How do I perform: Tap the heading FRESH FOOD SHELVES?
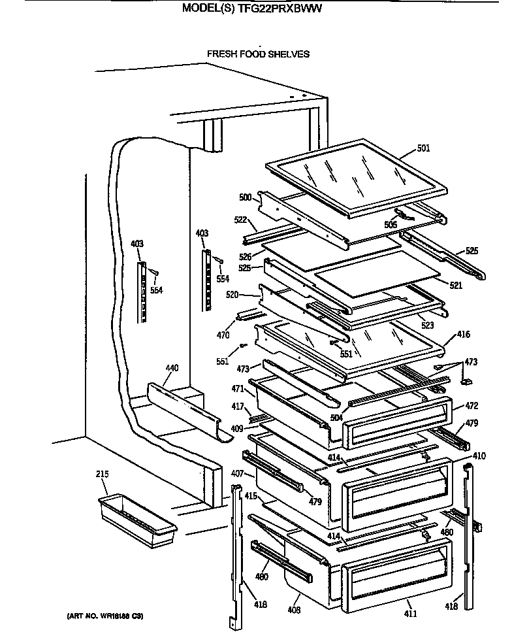pos(258,54)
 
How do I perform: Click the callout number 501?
pos(423,148)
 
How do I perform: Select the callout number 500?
pos(245,197)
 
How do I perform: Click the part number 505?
pos(391,224)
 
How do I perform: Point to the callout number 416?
pos(462,335)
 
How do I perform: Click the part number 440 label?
pos(171,369)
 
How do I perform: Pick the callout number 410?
pos(479,456)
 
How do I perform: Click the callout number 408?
pos(295,609)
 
